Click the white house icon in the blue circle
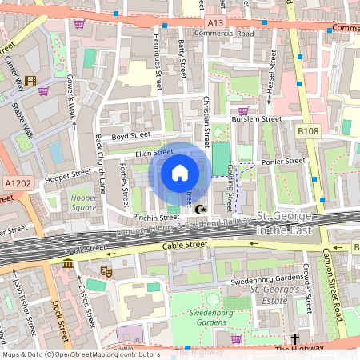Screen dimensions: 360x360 tap(180, 173)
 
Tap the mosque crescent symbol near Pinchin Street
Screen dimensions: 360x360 tap(199, 210)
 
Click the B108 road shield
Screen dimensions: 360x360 tap(307, 130)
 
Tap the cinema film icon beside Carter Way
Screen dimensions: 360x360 tap(30, 81)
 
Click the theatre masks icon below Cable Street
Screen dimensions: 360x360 tap(106, 273)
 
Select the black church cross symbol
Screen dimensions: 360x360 tap(294, 339)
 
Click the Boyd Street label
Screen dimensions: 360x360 tap(131, 136)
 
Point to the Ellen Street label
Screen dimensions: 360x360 tap(154, 152)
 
